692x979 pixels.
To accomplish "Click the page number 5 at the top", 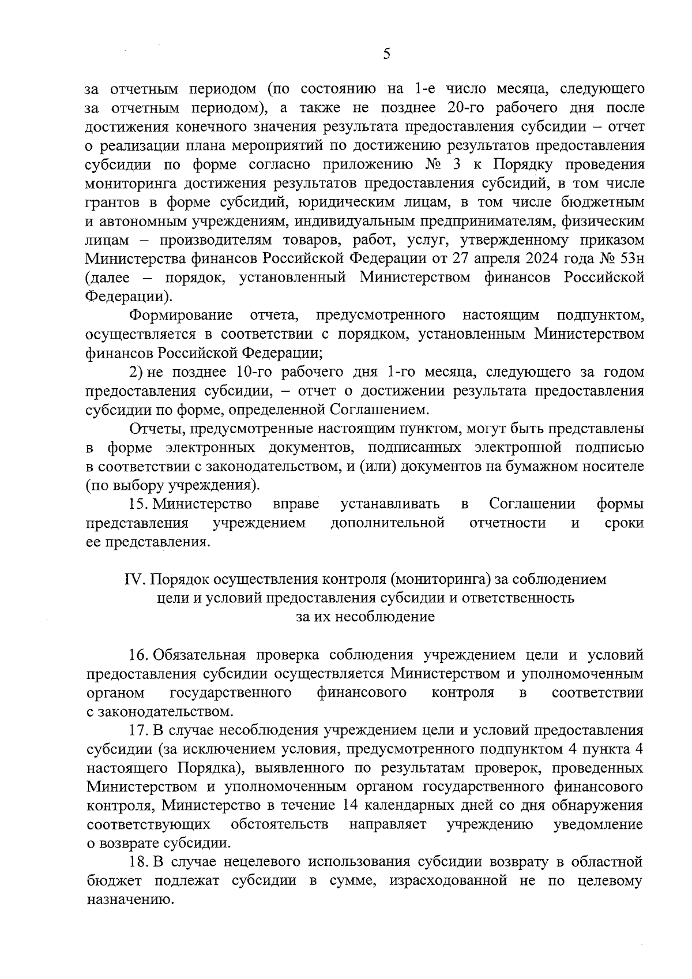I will click(386, 54).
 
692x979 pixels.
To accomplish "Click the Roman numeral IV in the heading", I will click(133, 579).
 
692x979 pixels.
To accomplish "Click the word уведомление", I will click(598, 824).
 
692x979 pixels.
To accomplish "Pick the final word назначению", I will click(130, 900).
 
